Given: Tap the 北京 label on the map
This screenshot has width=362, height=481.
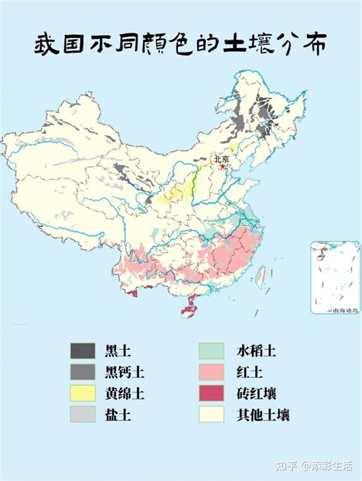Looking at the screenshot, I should pyautogui.click(x=221, y=159).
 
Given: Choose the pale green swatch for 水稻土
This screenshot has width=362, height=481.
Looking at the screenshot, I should pyautogui.click(x=212, y=351).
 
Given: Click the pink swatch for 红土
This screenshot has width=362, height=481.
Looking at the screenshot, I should pyautogui.click(x=212, y=372).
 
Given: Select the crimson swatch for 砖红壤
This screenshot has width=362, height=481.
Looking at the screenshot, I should pyautogui.click(x=212, y=393).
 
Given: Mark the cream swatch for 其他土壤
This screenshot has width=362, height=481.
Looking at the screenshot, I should pyautogui.click(x=212, y=415).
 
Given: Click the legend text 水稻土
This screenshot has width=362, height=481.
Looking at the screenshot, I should pyautogui.click(x=256, y=351).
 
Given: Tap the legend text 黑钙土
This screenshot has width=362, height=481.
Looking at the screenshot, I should pyautogui.click(x=124, y=372).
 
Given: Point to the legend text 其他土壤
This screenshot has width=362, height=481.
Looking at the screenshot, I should pyautogui.click(x=263, y=415).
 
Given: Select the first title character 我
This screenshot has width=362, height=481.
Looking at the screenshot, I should pyautogui.click(x=47, y=46).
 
